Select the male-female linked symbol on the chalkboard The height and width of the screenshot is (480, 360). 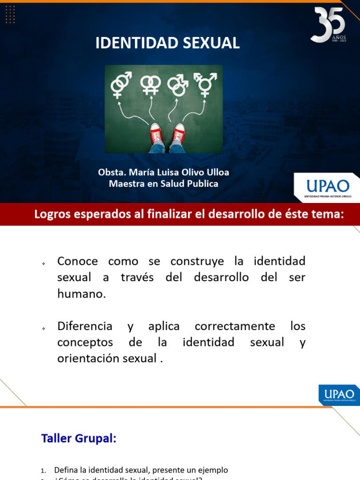pyautogui.click(x=121, y=83)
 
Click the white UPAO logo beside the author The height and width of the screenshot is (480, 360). pyautogui.click(x=326, y=187)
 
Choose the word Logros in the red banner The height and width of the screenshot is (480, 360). pyautogui.click(x=51, y=215)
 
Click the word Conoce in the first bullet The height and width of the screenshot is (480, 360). pyautogui.click(x=78, y=261)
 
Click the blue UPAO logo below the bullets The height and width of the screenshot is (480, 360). pyautogui.click(x=339, y=394)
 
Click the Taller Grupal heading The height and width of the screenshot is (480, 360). pyautogui.click(x=78, y=438)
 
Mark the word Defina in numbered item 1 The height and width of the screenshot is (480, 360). pyautogui.click(x=64, y=470)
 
